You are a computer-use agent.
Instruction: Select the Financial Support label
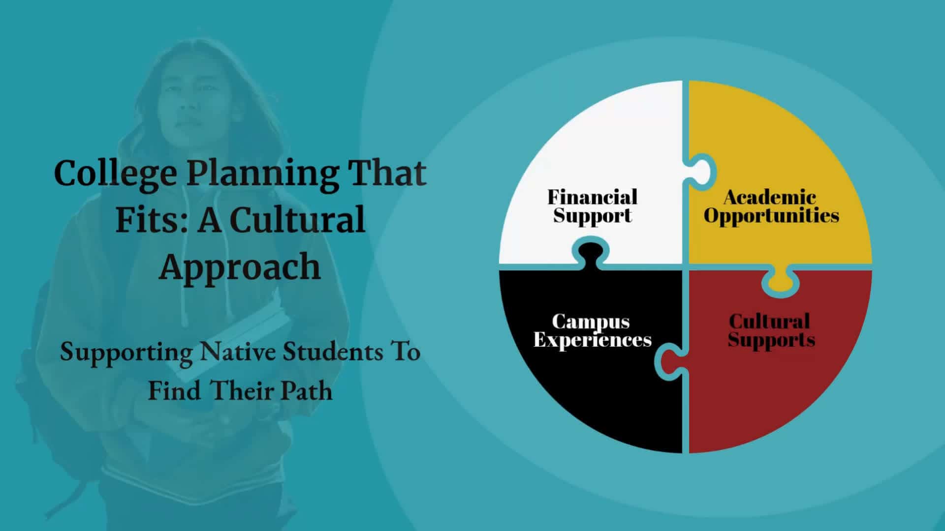point(593,206)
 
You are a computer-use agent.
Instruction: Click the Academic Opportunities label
point(771,206)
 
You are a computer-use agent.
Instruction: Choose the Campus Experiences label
point(592,330)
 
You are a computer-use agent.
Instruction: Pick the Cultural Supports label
point(771,330)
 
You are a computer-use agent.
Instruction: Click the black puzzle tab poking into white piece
point(591,254)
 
